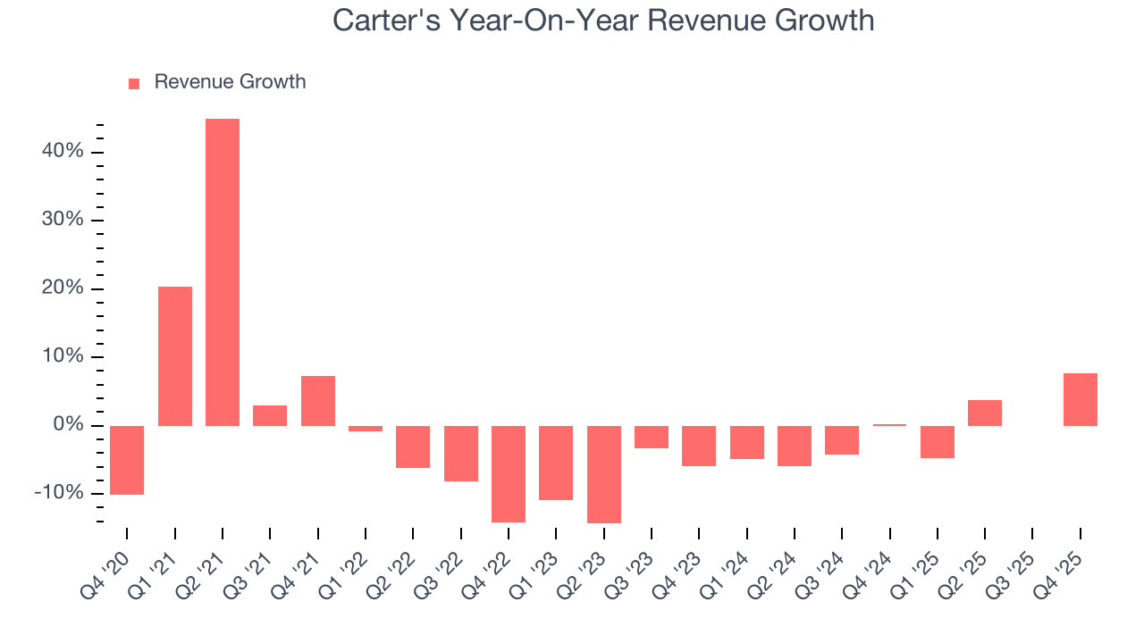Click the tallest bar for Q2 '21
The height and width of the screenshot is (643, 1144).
pos(223,272)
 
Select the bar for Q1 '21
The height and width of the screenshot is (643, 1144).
pos(175,356)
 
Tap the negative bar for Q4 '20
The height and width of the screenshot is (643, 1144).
pos(127,460)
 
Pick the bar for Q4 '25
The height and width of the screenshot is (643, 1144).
pos(1080,399)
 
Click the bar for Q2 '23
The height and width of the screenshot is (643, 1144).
pos(604,474)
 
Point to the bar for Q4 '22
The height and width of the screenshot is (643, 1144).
pos(509,473)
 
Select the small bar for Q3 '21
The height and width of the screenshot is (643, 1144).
pos(270,415)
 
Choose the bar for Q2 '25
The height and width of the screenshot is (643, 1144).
pos(984,413)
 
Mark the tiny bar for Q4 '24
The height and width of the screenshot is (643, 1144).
pos(889,425)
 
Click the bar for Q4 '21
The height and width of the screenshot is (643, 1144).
pos(318,401)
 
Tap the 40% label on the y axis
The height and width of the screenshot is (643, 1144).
pos(62,152)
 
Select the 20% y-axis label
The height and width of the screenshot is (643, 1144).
pos(62,288)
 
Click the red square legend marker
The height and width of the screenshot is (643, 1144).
pos(134,83)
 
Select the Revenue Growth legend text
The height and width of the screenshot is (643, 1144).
pos(230,82)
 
